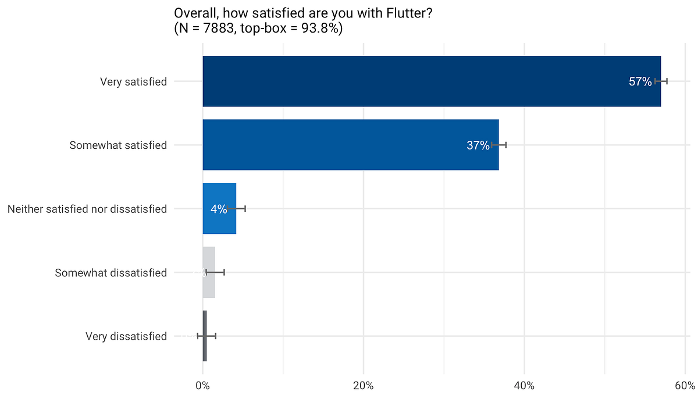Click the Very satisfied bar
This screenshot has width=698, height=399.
[430, 81]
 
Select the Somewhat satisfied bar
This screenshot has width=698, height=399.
[349, 145]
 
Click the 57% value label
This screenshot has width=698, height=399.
[640, 82]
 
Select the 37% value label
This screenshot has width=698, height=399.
[478, 145]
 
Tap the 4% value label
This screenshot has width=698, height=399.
[219, 209]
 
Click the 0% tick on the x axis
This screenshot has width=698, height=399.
[202, 385]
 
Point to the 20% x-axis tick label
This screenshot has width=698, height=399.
[364, 385]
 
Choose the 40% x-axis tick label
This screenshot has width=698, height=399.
[524, 385]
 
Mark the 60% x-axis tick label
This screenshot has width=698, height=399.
[685, 385]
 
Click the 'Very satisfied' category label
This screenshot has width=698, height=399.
[133, 82]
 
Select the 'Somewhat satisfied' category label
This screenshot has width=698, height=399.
[118, 145]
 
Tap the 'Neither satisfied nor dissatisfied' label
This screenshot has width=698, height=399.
[87, 209]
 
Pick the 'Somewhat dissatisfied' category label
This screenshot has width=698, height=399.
[111, 273]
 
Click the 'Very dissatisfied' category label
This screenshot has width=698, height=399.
[126, 336]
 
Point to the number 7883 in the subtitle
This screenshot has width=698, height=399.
[220, 28]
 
